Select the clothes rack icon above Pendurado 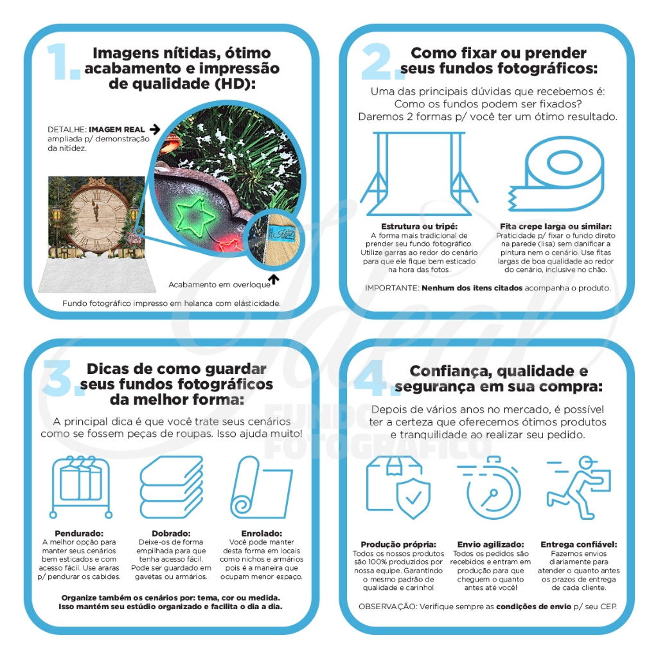coord(82,487)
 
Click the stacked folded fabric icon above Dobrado coord(170,486)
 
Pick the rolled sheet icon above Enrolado coord(260,486)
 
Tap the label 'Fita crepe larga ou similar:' coord(556,227)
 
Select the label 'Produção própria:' coord(398,544)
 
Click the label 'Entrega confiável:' coord(578,544)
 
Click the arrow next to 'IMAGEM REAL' coord(154,129)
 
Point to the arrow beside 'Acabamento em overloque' coord(274,279)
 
